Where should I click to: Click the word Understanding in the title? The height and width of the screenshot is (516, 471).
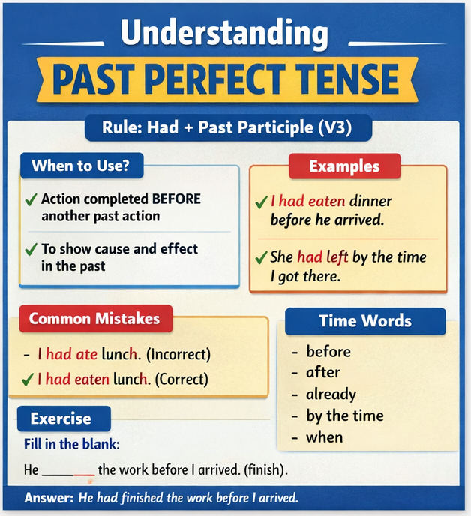click(224, 34)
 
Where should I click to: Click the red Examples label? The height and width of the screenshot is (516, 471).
click(344, 166)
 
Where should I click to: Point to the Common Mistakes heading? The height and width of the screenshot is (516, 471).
click(94, 318)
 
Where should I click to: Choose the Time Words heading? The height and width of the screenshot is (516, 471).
click(365, 321)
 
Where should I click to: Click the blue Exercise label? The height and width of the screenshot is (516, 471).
click(61, 418)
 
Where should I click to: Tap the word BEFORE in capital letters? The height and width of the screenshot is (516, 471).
click(176, 199)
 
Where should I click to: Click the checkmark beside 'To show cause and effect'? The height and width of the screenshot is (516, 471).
click(31, 249)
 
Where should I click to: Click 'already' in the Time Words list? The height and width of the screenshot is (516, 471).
click(331, 394)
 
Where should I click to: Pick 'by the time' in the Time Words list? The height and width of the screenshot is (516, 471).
click(344, 415)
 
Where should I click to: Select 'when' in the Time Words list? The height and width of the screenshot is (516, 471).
click(324, 437)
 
